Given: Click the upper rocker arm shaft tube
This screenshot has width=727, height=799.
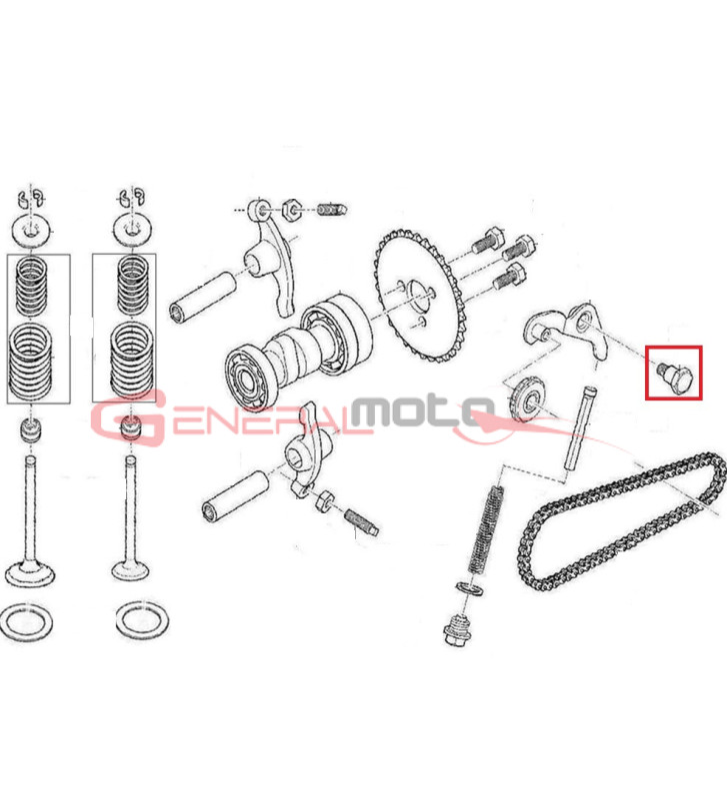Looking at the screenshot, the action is (x=202, y=298).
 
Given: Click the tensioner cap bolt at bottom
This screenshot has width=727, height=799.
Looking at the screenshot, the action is (x=457, y=629).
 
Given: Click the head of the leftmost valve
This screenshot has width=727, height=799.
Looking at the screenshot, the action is (x=29, y=573).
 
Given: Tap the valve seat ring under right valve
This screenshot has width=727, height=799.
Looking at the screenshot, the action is (x=142, y=619).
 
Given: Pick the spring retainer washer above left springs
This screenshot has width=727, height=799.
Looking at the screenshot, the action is (x=32, y=232).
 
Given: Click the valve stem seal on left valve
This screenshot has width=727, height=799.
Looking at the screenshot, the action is (x=31, y=429).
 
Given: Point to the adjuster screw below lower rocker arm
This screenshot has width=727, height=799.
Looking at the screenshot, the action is (x=361, y=521).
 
